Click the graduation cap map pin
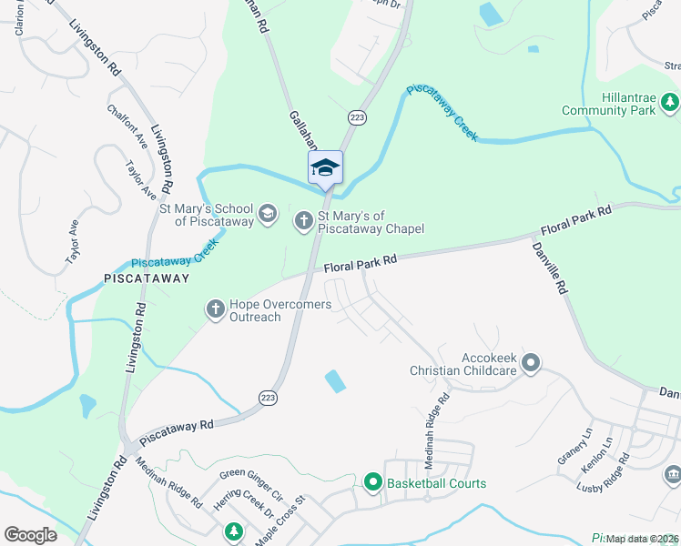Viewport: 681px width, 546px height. (x=325, y=167)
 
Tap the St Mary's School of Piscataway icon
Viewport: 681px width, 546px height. (x=267, y=214)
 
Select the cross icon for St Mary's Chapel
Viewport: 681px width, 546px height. (x=304, y=219)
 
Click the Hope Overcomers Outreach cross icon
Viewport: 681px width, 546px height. (x=216, y=309)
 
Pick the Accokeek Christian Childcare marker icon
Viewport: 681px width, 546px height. (x=532, y=364)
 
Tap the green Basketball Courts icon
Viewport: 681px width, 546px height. (x=372, y=483)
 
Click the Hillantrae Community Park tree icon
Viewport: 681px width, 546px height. (x=670, y=102)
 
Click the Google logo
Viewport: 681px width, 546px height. (x=30, y=535)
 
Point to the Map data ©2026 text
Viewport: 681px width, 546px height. (x=642, y=539)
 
